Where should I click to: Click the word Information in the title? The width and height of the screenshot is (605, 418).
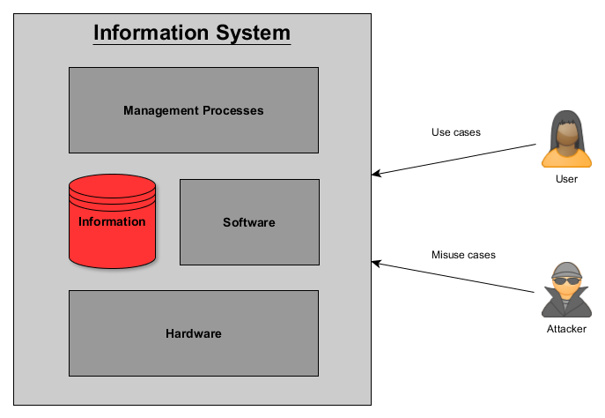click(151, 33)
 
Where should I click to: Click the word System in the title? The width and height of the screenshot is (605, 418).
click(253, 34)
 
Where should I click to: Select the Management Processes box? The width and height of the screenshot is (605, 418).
click(194, 110)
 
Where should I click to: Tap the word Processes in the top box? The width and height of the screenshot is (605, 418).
click(233, 110)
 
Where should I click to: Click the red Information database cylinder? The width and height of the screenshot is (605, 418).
click(112, 221)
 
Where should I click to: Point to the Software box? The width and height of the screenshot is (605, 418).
click(249, 222)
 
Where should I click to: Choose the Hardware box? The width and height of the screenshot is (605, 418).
click(194, 333)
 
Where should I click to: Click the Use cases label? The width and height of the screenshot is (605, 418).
click(456, 132)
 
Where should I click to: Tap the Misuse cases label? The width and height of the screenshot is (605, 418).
click(463, 255)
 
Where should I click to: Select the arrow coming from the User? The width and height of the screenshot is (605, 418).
click(454, 160)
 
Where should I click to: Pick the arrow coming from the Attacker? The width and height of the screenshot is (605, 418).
click(453, 277)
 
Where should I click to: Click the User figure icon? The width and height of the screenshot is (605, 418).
click(566, 139)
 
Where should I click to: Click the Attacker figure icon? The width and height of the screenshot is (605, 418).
click(566, 290)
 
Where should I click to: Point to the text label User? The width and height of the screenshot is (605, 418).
click(566, 179)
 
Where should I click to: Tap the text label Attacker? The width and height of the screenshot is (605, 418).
click(566, 329)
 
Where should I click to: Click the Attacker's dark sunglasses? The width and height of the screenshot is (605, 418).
click(566, 280)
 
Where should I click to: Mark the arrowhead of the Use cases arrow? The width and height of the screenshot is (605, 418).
click(376, 174)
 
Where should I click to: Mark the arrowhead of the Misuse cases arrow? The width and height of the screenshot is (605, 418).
click(376, 264)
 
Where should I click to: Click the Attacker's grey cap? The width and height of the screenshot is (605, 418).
click(566, 270)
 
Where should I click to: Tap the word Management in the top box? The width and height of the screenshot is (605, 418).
click(161, 111)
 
